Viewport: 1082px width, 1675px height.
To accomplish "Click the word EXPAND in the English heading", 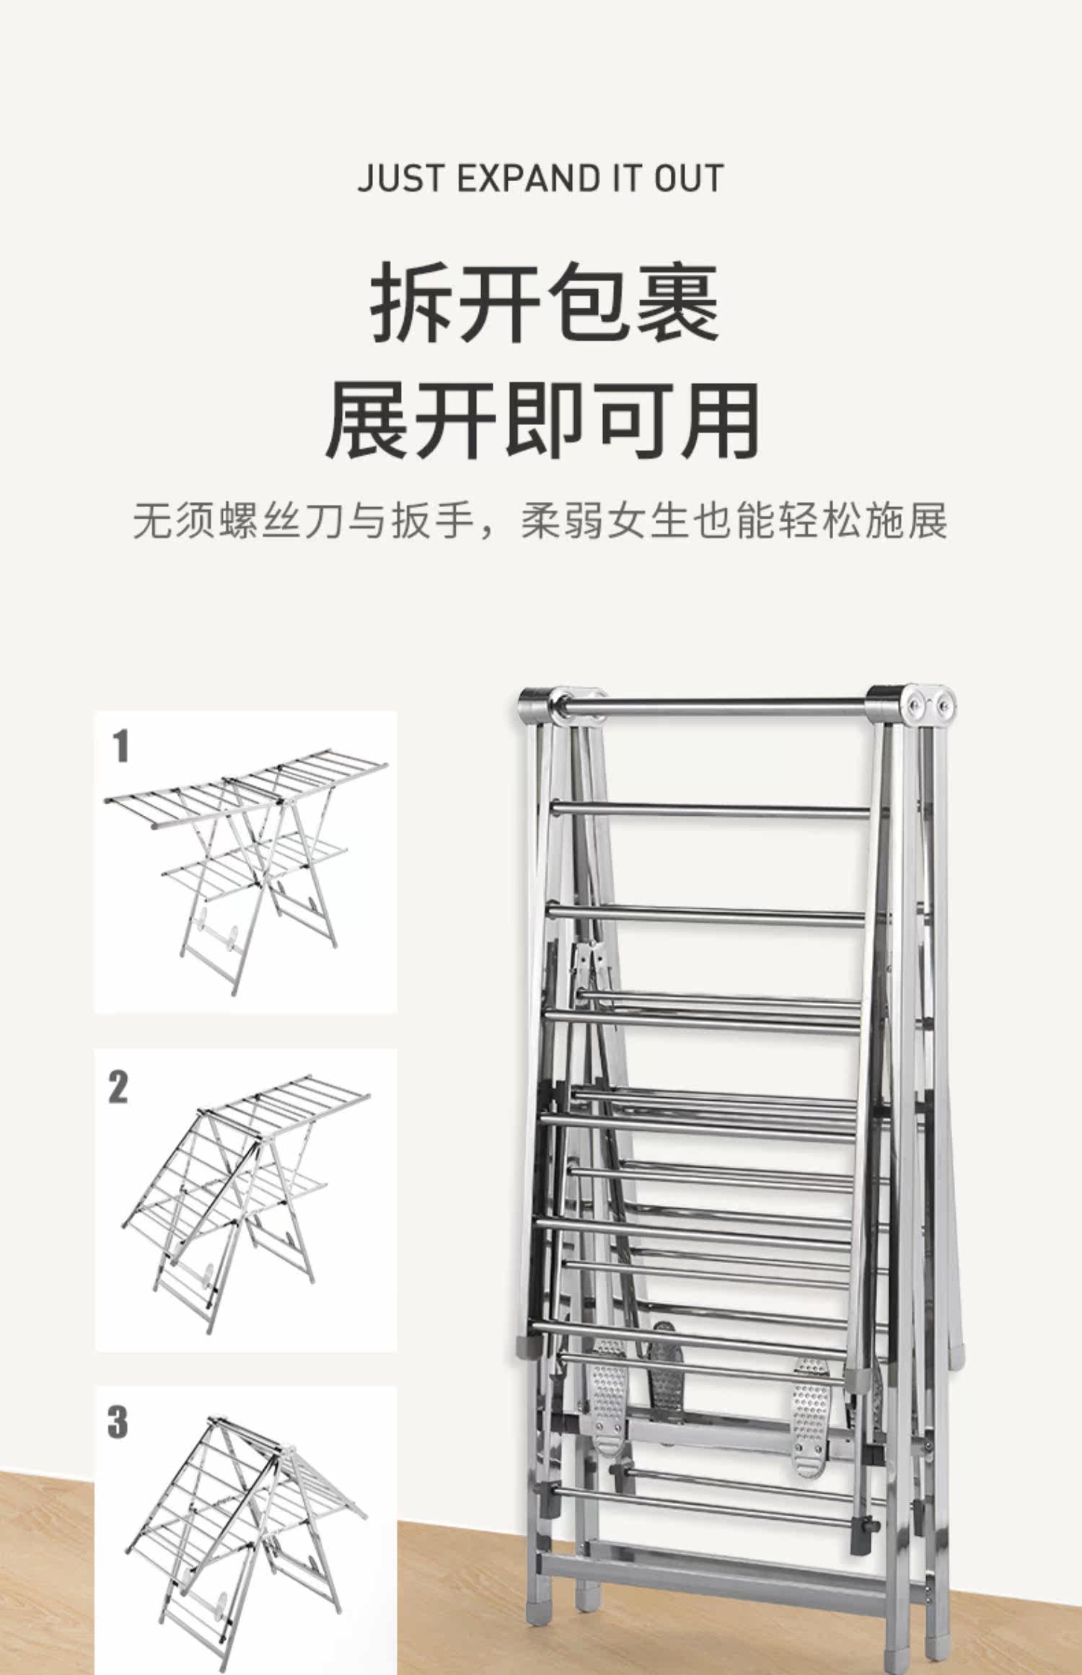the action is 529,178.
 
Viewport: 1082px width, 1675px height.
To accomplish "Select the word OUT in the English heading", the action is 688,178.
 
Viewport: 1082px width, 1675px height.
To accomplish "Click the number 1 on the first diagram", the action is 121,747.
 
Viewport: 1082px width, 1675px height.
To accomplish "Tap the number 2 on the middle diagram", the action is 118,1086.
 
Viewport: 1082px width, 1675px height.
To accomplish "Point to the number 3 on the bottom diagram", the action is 118,1421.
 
